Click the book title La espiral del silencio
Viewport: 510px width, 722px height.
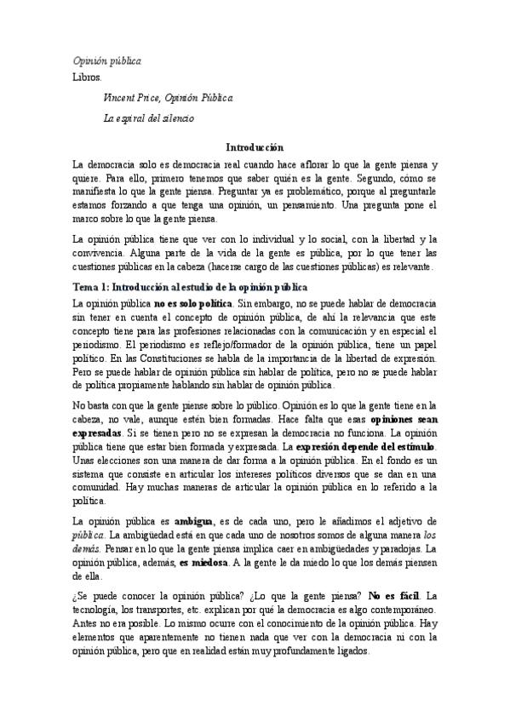coord(148,118)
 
